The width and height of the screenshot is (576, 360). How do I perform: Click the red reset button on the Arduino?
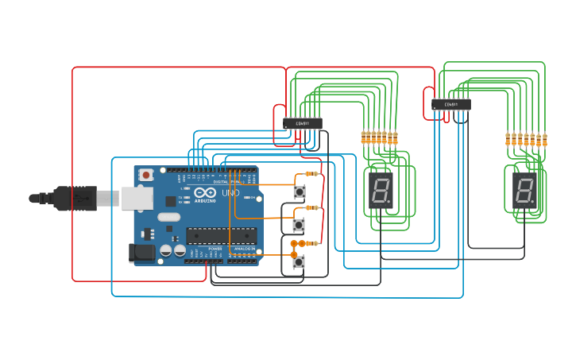coord(146,175)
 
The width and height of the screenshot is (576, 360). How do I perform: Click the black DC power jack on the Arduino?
coord(141,253)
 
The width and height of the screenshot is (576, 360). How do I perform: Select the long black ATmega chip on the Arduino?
coord(221,234)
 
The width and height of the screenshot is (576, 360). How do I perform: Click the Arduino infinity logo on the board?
coord(205,193)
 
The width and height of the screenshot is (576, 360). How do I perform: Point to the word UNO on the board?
coord(230,193)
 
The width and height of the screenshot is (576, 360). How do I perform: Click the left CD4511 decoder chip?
coord(303,123)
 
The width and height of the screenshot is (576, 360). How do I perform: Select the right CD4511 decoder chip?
coord(451,104)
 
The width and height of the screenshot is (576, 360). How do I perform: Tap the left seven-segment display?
coord(381,190)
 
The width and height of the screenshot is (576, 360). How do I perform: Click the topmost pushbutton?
coord(300,192)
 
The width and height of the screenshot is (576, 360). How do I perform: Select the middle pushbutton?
coord(300,225)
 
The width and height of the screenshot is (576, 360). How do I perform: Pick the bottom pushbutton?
coord(299,261)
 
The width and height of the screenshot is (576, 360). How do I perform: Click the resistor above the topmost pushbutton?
coord(311,173)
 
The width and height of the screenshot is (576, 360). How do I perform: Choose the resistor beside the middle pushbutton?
coord(312,208)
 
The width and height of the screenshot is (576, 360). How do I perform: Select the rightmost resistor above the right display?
coord(544,140)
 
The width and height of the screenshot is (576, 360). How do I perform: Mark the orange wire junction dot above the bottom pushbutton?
coord(293,243)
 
